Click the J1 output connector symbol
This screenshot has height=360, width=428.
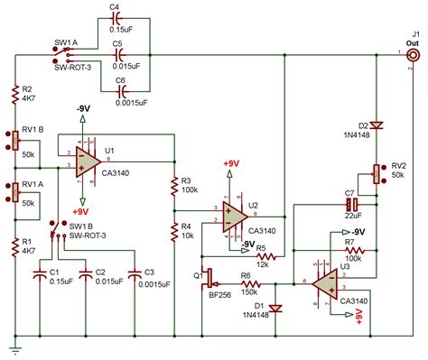point(412,55)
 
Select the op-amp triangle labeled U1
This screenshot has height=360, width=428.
point(88,159)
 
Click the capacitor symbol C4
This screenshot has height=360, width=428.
point(116,22)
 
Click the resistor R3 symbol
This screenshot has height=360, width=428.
point(173,186)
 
